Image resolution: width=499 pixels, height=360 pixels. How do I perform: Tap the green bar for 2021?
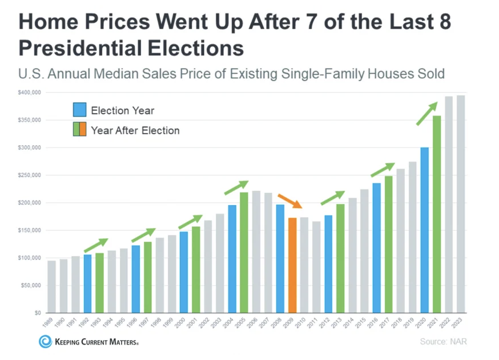click(437, 214)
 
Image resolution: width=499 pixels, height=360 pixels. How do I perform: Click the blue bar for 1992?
click(87, 283)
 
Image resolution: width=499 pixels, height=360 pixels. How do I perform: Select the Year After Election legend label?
click(135, 130)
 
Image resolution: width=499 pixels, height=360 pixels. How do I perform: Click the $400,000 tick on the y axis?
click(29, 93)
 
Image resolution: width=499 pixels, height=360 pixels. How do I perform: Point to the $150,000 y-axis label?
click(29, 230)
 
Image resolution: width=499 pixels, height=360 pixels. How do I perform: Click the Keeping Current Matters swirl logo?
click(45, 342)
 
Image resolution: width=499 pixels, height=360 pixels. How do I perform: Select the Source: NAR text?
click(443, 342)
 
